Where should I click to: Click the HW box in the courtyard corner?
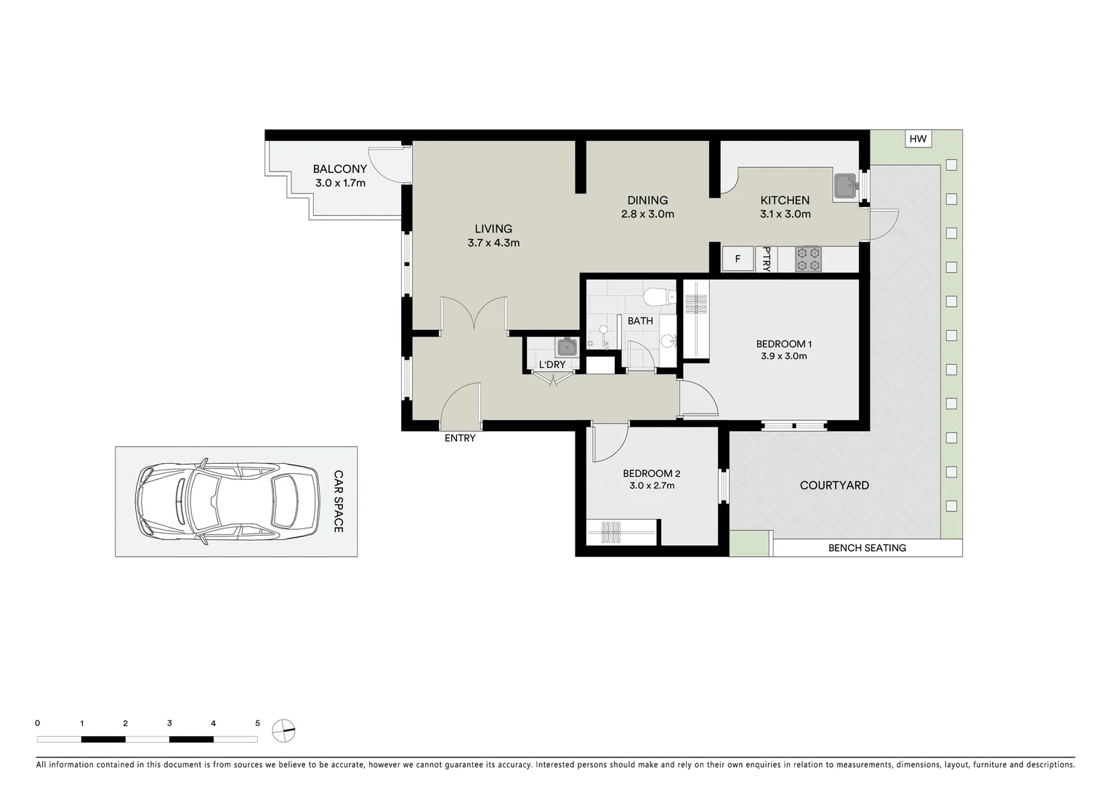(918, 139)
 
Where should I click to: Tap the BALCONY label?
(340, 169)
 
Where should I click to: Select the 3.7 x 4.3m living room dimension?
(493, 243)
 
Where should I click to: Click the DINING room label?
(647, 200)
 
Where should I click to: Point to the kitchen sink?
(846, 186)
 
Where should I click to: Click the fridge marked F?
(738, 259)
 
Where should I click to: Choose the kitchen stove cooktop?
(809, 259)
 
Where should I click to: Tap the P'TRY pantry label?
(767, 259)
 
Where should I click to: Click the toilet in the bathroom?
(659, 297)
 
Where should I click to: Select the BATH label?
(640, 321)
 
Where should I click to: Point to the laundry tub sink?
(566, 347)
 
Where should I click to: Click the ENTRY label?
(460, 438)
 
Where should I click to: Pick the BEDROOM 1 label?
(784, 344)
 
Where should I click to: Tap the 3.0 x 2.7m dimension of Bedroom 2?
(652, 486)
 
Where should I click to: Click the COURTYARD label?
(834, 485)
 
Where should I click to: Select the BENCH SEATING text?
(867, 548)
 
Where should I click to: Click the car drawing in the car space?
(228, 502)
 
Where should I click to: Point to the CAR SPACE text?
(339, 502)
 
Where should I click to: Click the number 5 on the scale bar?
(257, 723)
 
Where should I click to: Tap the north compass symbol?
(284, 730)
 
